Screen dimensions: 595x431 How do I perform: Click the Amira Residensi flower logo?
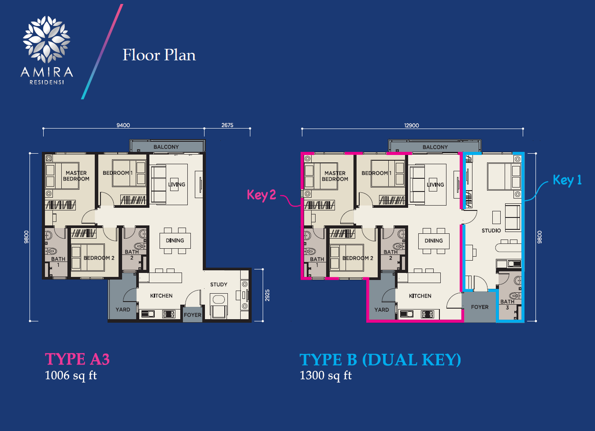tap(46, 39)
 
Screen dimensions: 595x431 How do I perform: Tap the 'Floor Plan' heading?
tap(159, 55)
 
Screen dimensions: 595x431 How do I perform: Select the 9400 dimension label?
tap(123, 125)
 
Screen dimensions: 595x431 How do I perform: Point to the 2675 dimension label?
tap(227, 125)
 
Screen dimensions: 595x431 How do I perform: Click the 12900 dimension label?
tap(412, 125)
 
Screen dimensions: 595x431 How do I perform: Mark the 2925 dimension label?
tap(267, 295)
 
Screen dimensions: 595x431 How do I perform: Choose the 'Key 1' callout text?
tap(567, 180)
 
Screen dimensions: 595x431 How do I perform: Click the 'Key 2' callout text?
tap(261, 195)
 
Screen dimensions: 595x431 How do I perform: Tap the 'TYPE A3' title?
tap(77, 359)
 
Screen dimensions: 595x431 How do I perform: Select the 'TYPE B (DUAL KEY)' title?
tap(380, 360)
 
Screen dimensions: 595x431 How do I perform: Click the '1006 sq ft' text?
tap(71, 376)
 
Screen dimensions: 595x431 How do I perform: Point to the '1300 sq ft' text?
tap(326, 376)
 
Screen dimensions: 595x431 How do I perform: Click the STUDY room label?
tap(219, 284)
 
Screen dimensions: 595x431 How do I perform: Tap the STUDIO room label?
tap(491, 231)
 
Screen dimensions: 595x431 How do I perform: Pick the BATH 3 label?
tap(507, 304)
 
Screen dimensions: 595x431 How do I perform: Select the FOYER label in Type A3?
tap(193, 315)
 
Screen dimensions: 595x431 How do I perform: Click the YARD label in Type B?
tap(381, 310)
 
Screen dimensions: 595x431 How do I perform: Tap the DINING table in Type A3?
tap(175, 240)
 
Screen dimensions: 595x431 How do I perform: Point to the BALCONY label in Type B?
tap(435, 147)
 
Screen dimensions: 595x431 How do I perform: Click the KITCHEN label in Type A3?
tap(161, 296)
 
